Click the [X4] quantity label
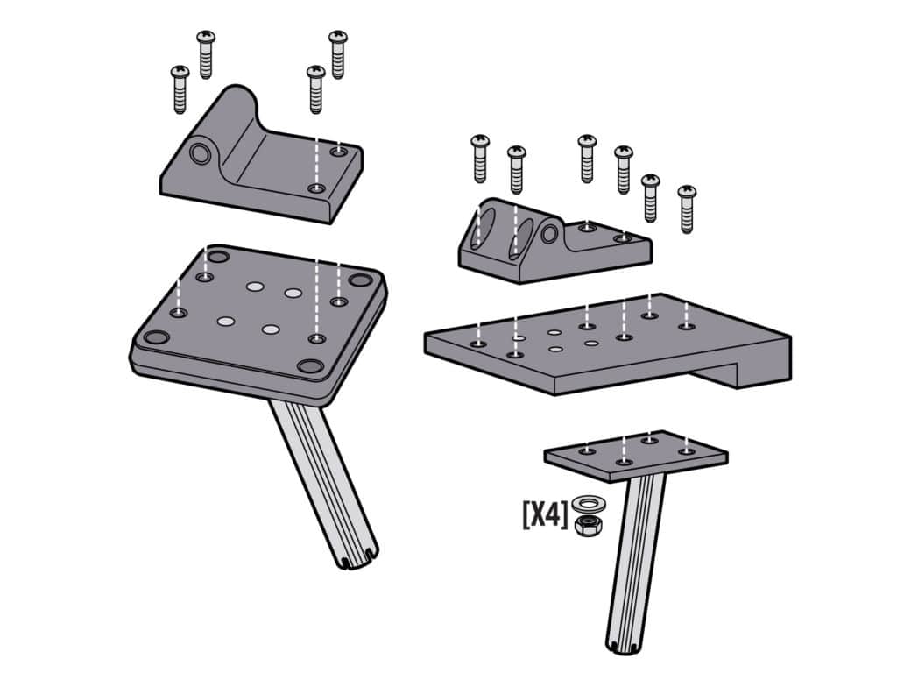click(x=545, y=514)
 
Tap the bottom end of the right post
click(x=623, y=646)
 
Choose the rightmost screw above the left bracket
click(x=338, y=54)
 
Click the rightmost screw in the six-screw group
click(x=687, y=209)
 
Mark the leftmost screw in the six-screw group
click(x=480, y=158)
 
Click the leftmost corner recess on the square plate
click(x=155, y=337)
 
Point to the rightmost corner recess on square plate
click(x=359, y=280)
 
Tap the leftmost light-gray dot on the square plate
click(x=226, y=322)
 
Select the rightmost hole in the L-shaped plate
click(x=687, y=327)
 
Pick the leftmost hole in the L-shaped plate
click(x=477, y=344)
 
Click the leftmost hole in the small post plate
click(x=588, y=450)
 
